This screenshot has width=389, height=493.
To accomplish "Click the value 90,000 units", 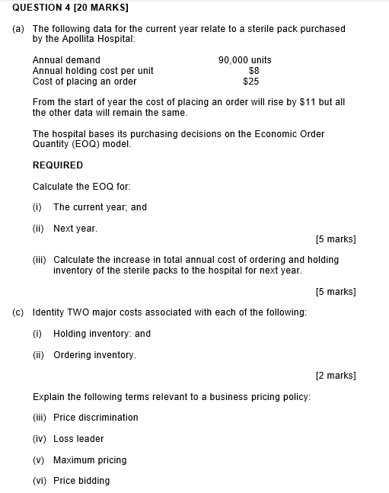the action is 244,60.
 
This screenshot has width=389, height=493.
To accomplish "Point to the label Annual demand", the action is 66,60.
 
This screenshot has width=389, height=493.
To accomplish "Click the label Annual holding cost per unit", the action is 93,71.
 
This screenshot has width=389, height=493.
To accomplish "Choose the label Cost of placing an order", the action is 84,81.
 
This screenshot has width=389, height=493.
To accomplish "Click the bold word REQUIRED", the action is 58,165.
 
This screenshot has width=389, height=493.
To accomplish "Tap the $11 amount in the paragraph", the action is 297,102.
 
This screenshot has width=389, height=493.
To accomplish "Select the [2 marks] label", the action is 336,376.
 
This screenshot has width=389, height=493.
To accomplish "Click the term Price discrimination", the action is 96,418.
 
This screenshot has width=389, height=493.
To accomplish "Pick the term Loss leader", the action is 78,439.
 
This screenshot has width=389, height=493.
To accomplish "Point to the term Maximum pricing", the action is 90,460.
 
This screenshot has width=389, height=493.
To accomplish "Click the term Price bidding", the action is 81,481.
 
